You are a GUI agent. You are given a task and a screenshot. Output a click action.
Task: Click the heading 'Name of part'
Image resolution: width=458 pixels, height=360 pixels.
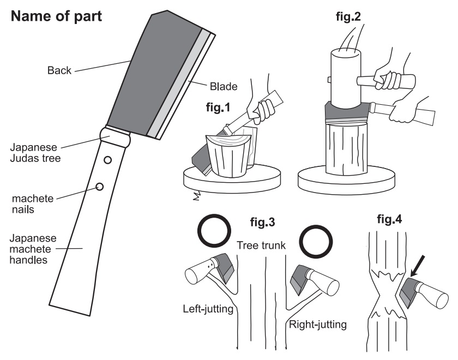(x=56, y=16)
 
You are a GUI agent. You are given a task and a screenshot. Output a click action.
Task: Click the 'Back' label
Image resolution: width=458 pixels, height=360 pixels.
(x=59, y=70)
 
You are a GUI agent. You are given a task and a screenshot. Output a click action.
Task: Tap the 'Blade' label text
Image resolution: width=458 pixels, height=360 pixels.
(x=224, y=87)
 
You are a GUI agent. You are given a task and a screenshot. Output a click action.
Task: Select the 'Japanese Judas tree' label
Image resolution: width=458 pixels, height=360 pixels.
(x=35, y=153)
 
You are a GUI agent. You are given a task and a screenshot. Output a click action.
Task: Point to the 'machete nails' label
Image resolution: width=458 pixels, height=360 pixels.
(x=33, y=204)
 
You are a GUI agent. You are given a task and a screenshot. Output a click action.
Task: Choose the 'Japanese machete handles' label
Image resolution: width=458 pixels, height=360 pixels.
(x=33, y=249)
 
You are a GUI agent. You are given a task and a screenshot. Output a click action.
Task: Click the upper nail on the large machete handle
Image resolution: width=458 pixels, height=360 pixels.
(x=108, y=160)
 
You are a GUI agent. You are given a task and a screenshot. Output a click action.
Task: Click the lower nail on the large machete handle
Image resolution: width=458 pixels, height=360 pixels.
(x=100, y=187)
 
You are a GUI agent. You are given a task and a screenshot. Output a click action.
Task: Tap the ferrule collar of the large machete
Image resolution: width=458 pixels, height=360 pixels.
(x=115, y=136)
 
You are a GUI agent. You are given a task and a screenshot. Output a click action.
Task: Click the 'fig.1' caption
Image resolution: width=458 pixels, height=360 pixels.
(x=218, y=107)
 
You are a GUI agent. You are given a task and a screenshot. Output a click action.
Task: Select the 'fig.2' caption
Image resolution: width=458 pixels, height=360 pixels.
(x=348, y=16)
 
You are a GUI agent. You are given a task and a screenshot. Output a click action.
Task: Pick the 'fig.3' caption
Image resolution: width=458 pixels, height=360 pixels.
(x=262, y=222)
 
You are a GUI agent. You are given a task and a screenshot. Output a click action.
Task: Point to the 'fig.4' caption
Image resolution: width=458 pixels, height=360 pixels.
(x=389, y=219)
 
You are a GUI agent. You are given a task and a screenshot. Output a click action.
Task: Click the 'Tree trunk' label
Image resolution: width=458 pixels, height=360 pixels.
(x=261, y=245)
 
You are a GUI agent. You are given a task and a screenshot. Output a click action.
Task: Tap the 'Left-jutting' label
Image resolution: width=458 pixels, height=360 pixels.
(x=208, y=309)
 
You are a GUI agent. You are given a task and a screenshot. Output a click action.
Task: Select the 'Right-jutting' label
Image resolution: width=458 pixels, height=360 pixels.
(x=318, y=325)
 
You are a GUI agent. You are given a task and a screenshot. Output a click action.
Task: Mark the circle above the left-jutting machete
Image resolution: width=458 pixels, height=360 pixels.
(x=214, y=231)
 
